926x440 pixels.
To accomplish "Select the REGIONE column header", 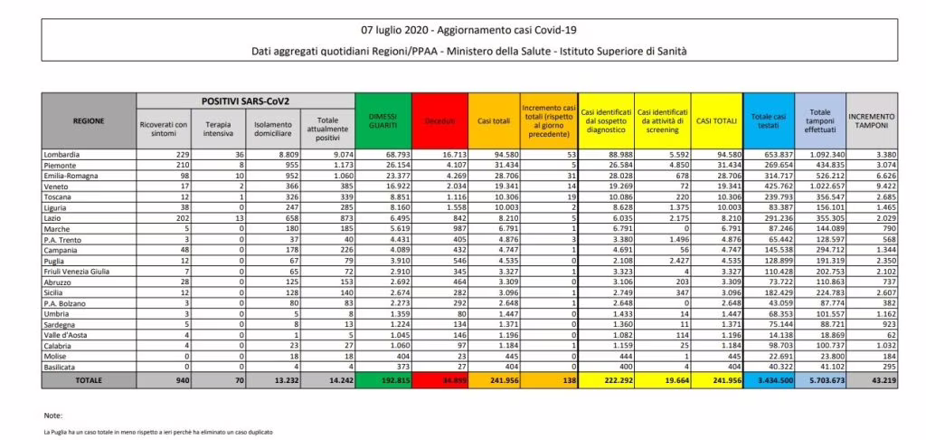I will [89, 120].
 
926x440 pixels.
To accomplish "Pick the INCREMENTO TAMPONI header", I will [873, 120].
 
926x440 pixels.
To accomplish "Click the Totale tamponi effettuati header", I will [819, 120].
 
